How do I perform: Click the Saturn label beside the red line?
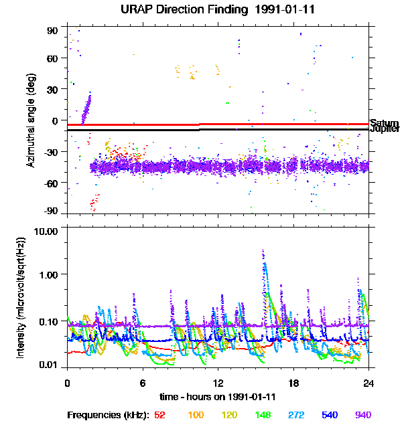(384, 123)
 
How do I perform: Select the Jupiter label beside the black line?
(384, 129)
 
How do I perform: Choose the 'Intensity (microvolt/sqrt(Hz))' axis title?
(21, 298)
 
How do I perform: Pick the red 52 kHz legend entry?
(159, 415)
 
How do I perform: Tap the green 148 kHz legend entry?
(263, 415)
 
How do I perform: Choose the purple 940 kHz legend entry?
(362, 415)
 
